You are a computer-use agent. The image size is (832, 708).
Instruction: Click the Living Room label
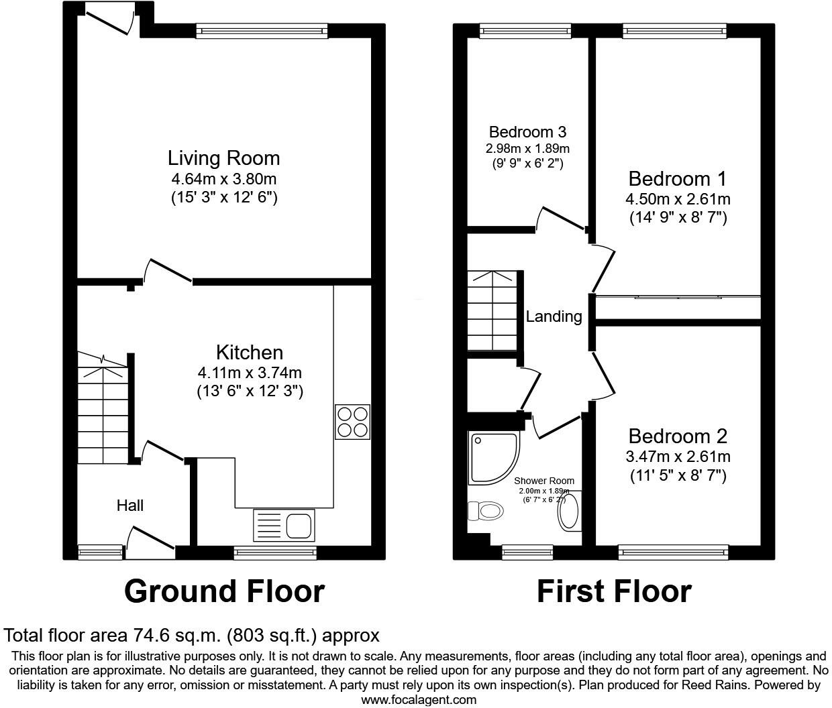coord(223,158)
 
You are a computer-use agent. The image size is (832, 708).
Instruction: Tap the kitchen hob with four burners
coord(352,422)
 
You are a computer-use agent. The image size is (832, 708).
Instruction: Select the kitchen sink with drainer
coord(284,524)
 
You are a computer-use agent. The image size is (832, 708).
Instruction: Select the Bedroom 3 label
coord(527,131)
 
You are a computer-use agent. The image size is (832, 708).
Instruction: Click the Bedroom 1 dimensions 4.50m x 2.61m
coord(678,199)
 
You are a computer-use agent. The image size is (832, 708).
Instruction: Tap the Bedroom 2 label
coord(678,436)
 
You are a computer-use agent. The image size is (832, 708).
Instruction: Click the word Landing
coord(554,316)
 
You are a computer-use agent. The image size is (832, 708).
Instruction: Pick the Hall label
coord(130,506)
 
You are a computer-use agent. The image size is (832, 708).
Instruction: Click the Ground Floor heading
coord(224,591)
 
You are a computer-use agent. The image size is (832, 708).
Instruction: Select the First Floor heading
coord(614,591)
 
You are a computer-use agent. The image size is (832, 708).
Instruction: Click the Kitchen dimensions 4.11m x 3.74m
coord(250,373)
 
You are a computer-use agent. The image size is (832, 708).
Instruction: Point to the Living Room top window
coord(262,29)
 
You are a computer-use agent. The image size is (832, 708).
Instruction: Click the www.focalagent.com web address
coord(419,700)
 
